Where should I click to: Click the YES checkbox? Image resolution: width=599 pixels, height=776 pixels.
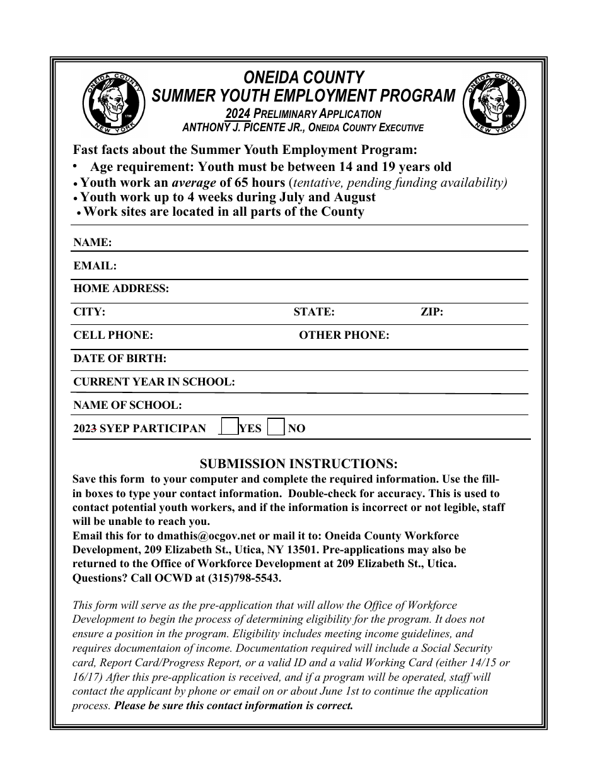(x=231, y=427)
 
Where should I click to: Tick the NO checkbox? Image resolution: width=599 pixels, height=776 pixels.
(x=276, y=427)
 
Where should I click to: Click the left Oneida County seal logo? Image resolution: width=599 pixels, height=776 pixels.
(x=114, y=102)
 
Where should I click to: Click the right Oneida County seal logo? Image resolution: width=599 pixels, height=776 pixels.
(x=494, y=102)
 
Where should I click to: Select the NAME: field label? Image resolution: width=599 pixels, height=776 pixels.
(x=93, y=243)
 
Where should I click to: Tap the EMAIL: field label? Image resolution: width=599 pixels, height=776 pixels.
(x=95, y=266)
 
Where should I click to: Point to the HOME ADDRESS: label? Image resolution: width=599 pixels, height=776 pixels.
(x=121, y=289)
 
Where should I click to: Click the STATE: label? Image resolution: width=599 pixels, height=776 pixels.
(x=314, y=312)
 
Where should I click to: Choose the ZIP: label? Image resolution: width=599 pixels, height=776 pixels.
(x=432, y=312)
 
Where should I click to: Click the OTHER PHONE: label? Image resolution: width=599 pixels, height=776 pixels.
(x=344, y=336)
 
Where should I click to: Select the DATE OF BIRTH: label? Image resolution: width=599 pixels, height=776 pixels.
(x=120, y=359)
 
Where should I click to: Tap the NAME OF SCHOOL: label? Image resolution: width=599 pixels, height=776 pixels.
(x=127, y=405)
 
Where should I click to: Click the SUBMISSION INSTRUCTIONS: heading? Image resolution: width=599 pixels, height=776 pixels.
(x=299, y=464)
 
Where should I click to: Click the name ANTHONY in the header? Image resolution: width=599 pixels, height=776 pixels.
(x=207, y=127)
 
